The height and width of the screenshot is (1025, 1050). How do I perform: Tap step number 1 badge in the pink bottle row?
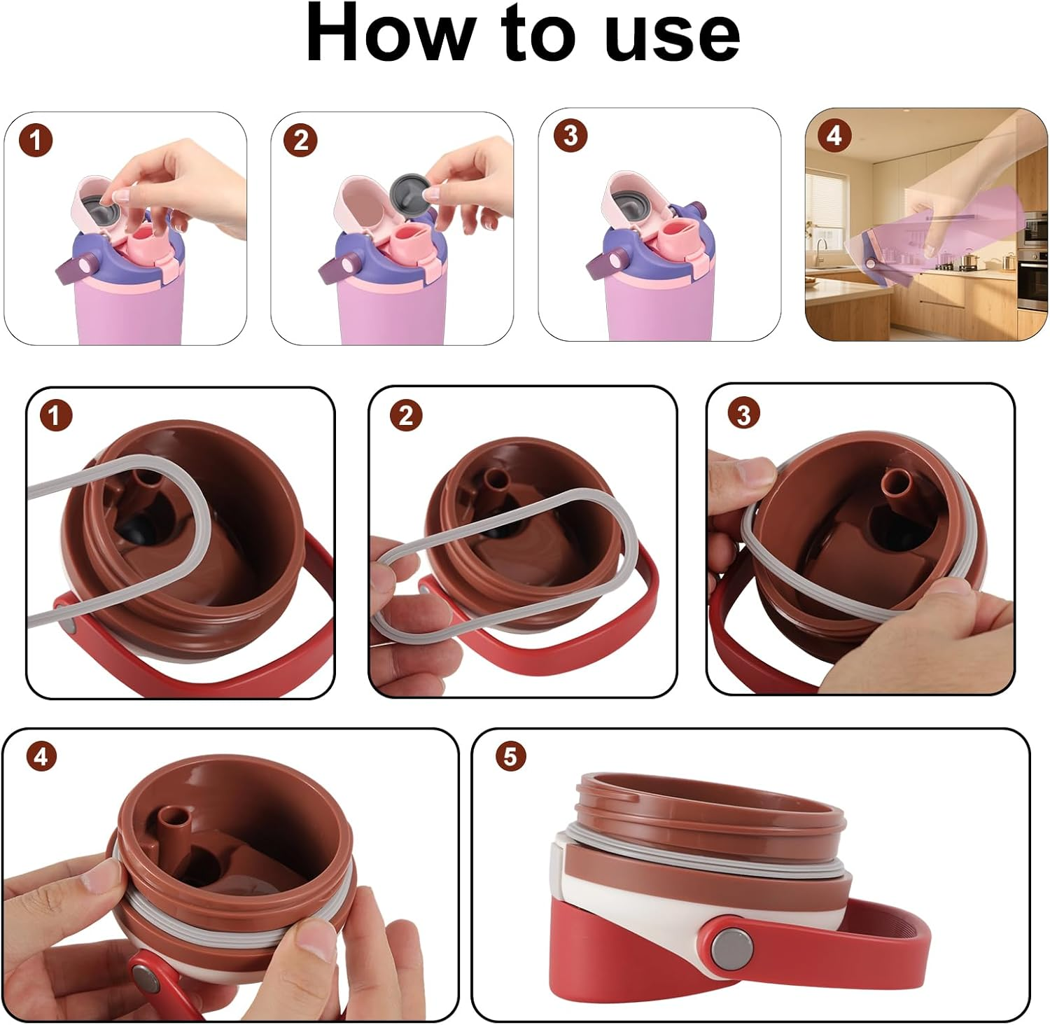36,141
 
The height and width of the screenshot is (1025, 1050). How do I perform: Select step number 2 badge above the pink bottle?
301,141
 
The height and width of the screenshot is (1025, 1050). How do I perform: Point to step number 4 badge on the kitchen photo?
834,135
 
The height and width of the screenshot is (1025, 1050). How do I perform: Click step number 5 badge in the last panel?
510,756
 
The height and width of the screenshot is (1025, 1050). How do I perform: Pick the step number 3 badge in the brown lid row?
743,414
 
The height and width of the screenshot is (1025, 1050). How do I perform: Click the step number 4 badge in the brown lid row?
41,757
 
